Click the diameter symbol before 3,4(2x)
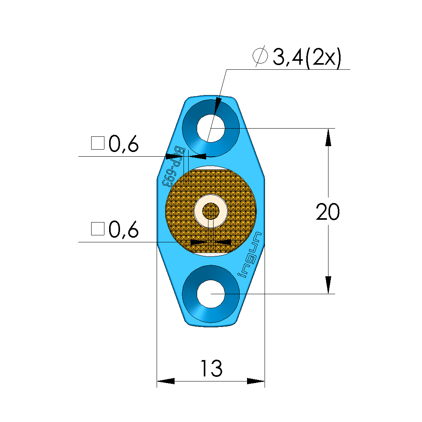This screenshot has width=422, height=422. point(260,56)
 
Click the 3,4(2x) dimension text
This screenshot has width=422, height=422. point(307,57)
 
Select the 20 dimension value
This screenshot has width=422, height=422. point(328,212)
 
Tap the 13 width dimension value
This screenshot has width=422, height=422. point(211,369)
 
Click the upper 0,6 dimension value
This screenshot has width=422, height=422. point(124,144)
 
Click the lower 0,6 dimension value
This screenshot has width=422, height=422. point(124,230)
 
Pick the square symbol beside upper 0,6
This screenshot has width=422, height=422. point(98,143)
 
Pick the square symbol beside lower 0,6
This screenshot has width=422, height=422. point(98,229)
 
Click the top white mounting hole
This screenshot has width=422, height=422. point(211,128)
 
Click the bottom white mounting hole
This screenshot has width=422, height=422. point(211,294)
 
